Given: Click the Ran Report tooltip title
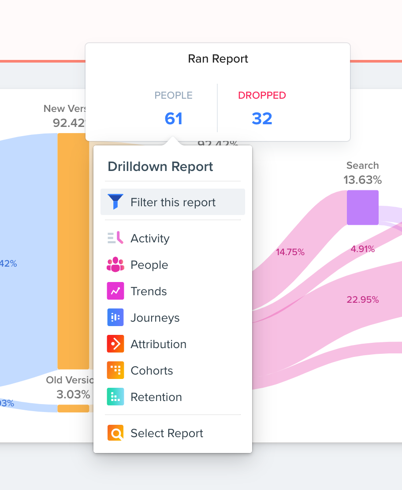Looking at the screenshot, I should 218,59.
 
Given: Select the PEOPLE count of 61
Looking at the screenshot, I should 173,119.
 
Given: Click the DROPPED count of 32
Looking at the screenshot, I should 262,119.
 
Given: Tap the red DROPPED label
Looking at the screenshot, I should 262,95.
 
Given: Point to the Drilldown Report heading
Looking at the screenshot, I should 160,167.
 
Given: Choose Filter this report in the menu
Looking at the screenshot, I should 173,202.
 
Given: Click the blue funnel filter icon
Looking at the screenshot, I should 115,202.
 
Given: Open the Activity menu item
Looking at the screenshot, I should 150,238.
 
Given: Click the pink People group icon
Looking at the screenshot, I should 115,264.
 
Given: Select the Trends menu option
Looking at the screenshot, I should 149,291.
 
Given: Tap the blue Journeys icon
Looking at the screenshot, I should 115,317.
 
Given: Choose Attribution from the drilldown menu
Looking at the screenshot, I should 158,344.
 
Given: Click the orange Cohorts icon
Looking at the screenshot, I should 115,370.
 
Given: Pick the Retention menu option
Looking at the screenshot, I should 156,397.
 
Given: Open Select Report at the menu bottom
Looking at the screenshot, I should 167,433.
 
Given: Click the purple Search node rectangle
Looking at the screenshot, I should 362,208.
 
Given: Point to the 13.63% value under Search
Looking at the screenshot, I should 362,180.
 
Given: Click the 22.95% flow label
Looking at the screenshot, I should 362,300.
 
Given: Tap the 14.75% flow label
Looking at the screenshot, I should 290,252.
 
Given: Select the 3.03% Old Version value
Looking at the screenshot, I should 73,394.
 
